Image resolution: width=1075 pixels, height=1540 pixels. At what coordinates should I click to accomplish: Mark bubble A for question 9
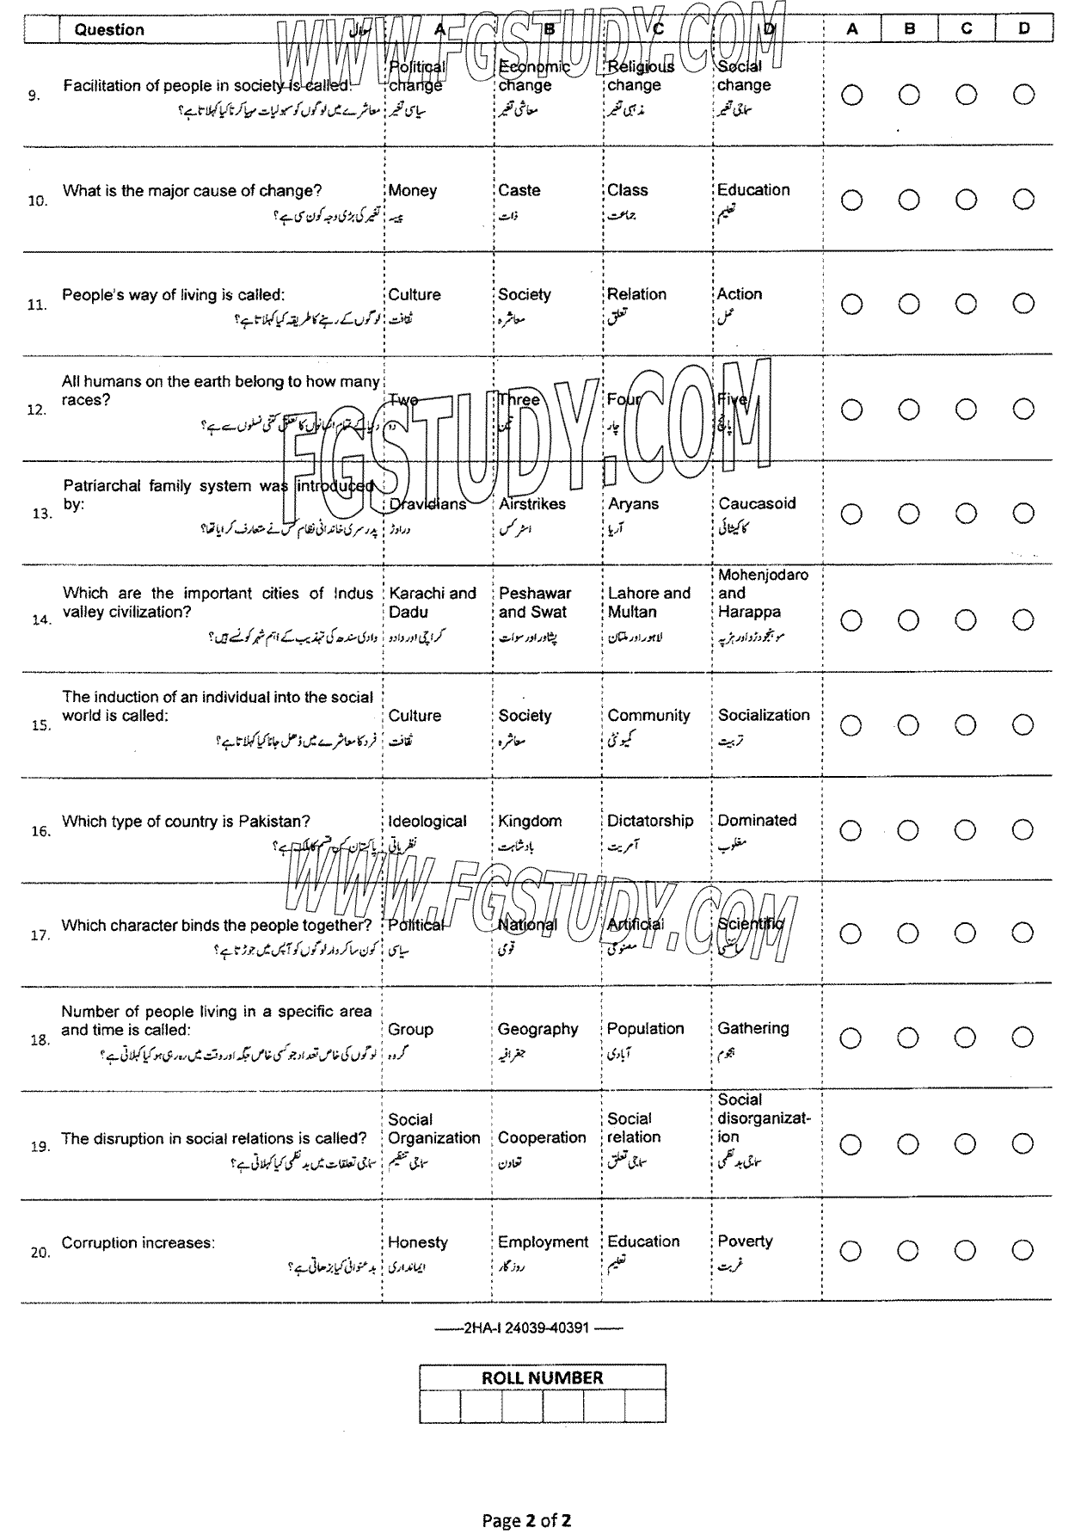[851, 95]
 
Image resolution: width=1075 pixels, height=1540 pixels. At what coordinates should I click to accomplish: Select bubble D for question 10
[1023, 200]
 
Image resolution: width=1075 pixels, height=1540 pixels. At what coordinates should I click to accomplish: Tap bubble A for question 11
[851, 304]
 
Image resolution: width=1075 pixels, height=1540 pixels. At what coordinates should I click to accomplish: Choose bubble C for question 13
[966, 514]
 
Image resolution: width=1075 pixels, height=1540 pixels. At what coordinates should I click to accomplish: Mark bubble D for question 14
[1023, 620]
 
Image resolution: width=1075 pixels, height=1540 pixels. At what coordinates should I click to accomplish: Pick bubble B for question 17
[909, 933]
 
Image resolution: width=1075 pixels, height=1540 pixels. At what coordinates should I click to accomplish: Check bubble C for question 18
[966, 1038]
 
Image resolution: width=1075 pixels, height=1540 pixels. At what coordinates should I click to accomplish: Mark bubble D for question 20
[1023, 1251]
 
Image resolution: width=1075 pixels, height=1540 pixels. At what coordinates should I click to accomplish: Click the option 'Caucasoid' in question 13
[757, 503]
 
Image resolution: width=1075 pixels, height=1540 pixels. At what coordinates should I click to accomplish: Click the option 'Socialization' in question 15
[764, 715]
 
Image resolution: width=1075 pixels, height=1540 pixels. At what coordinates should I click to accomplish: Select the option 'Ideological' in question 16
[427, 822]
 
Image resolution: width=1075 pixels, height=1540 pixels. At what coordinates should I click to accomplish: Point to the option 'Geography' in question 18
[537, 1029]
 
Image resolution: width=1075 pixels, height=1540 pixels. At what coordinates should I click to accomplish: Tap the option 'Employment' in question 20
[543, 1241]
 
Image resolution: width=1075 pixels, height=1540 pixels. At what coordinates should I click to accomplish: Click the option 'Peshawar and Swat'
[535, 602]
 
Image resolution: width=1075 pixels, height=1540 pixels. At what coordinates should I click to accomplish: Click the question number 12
[37, 410]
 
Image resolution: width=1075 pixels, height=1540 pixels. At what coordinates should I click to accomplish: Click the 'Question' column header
[109, 29]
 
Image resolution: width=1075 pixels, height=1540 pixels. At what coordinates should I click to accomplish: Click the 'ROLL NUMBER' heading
[542, 1377]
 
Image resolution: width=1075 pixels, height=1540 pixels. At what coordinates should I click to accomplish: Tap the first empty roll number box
[439, 1407]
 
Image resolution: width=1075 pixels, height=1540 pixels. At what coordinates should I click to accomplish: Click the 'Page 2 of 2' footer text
[527, 1520]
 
